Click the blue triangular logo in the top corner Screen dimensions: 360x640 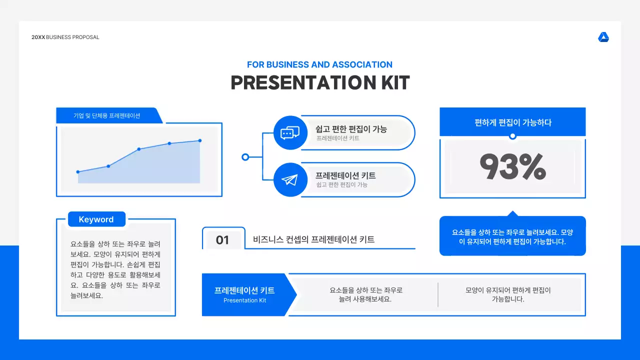603,37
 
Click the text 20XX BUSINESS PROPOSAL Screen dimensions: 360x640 65,37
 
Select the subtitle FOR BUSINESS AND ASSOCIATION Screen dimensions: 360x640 319,64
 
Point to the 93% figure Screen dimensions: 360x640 512,167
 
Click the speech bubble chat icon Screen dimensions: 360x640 290,132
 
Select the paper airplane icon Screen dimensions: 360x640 290,180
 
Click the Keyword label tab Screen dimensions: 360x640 96,219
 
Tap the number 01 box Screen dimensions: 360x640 222,240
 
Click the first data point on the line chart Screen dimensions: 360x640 78,172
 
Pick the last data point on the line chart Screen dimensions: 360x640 200,140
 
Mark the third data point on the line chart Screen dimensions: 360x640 139,149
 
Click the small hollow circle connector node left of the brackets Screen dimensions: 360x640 245,157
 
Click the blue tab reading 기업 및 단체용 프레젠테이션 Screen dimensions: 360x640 107,115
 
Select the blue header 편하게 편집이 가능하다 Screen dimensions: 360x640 512,122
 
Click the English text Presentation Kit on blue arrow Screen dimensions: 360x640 244,300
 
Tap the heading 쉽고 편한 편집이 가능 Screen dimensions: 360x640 351,129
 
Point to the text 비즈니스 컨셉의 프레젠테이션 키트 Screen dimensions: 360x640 314,239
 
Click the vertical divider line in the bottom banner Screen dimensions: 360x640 438,294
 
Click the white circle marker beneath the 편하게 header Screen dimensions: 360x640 512,136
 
